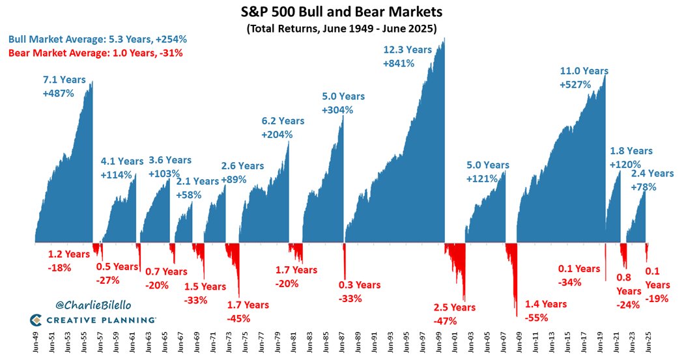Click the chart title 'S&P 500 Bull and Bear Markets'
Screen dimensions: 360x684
pos(341,12)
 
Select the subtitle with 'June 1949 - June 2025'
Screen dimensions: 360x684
pos(341,29)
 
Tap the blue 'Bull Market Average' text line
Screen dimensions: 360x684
pos(88,39)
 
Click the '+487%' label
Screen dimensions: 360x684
pos(59,93)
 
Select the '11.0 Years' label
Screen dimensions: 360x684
pos(584,71)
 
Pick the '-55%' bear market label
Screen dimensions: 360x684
pos(537,318)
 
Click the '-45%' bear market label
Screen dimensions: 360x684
pos(239,318)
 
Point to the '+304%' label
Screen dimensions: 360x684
pos(337,110)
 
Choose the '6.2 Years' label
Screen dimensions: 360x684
pos(283,120)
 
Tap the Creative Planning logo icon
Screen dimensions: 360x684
pos(37,320)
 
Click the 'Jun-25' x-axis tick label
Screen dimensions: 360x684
pos(648,344)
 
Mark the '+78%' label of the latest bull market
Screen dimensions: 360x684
pos(644,187)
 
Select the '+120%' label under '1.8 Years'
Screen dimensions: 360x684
pos(625,165)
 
